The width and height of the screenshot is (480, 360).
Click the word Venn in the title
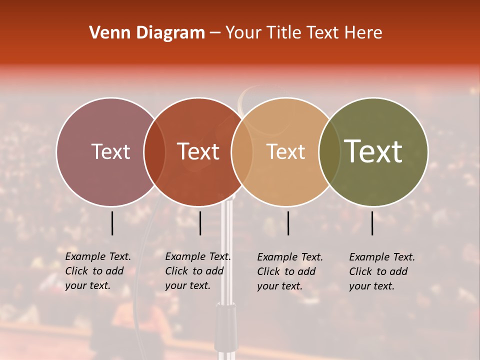pos(106,33)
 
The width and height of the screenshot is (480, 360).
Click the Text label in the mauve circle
pos(110,151)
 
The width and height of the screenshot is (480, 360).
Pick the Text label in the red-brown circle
pos(198,151)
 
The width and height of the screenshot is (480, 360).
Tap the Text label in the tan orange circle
pos(285,151)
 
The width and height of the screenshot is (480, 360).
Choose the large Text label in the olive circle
pos(373,151)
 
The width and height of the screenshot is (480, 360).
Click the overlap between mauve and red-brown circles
pos(154,152)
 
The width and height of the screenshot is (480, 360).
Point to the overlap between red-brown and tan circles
pos(242,152)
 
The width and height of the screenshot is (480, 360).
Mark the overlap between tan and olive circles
pos(329,152)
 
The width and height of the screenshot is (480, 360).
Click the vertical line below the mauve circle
pos(112,223)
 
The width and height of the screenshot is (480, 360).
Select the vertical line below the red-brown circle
pos(200,223)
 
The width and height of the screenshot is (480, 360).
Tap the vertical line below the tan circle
pos(288,223)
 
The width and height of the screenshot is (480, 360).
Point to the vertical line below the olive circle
pos(372,223)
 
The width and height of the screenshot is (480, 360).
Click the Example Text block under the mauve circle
pos(98,271)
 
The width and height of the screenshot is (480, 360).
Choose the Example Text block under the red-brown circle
pos(198,271)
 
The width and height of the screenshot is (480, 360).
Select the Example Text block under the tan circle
pos(290,271)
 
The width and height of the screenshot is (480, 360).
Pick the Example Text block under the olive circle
pos(382,271)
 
